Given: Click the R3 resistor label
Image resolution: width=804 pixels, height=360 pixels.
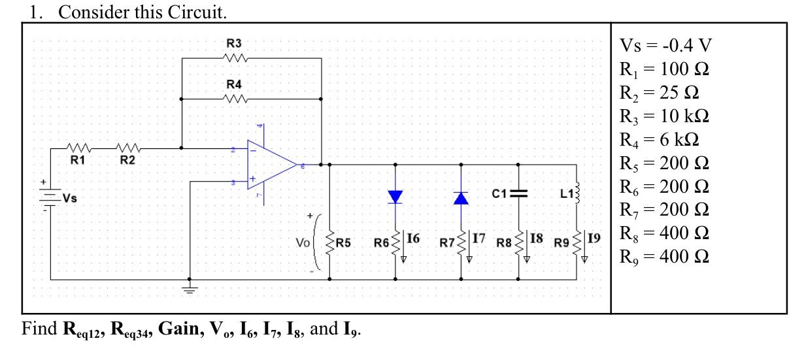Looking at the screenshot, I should click(234, 43).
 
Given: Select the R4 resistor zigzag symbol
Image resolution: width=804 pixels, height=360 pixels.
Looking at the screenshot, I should click(234, 99).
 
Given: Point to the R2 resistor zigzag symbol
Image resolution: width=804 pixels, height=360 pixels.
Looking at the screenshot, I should click(127, 148).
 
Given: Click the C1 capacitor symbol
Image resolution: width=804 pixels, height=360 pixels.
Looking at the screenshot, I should click(518, 193).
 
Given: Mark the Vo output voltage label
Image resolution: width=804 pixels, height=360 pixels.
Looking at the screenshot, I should click(303, 243).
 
